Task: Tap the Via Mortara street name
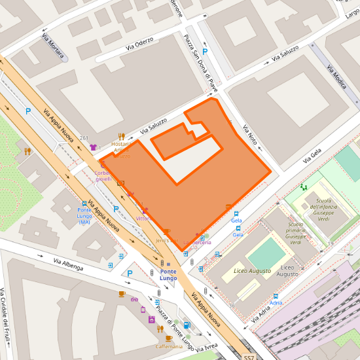pos(52,47)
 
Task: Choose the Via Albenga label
pos(68,264)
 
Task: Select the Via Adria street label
pos(261,315)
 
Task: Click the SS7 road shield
pos(249,357)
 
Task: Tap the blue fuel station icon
pos(187,324)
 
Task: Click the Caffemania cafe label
pos(169,346)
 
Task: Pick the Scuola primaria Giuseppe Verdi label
pos(295,234)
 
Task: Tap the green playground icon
pos(304,187)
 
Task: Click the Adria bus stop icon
pos(276,296)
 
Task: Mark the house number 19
pos(331,243)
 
